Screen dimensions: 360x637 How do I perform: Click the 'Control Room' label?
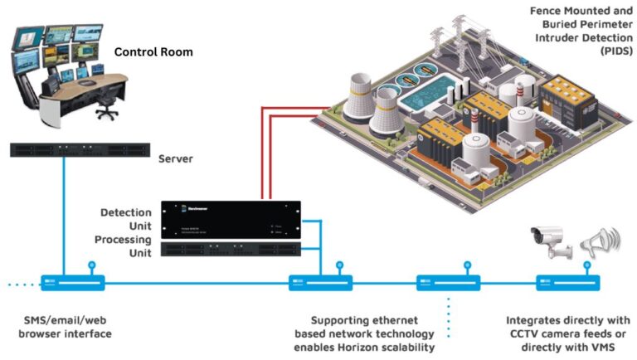point(153,51)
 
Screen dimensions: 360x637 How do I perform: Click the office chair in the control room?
point(105,101)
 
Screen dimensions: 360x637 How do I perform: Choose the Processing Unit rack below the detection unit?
point(229,250)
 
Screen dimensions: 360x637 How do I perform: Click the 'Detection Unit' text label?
point(125,220)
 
